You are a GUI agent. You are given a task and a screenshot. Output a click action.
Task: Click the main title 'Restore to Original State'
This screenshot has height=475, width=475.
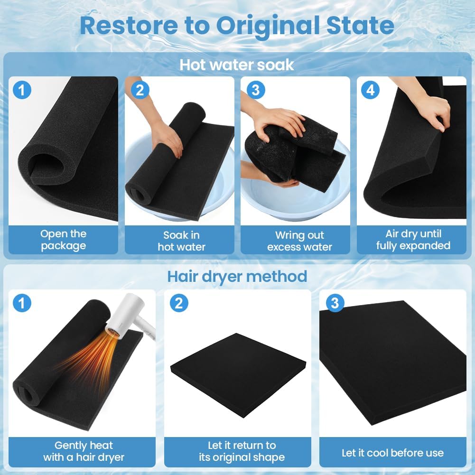click(x=237, y=26)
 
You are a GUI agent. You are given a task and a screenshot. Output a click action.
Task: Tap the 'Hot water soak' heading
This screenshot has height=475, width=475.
click(x=237, y=65)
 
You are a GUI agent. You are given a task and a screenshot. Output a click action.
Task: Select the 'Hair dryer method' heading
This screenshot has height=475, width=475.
click(x=237, y=277)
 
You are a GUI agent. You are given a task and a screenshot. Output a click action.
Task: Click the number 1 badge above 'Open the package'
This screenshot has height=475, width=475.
click(x=22, y=90)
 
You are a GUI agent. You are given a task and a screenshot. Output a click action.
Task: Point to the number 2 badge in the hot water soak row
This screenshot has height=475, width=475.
click(x=140, y=90)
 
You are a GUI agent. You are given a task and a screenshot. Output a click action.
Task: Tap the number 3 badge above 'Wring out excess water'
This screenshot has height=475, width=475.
click(x=256, y=90)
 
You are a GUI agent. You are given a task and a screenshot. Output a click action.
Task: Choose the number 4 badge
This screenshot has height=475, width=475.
click(x=371, y=90)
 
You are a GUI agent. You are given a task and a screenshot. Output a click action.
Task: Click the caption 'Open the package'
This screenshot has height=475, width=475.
click(x=63, y=240)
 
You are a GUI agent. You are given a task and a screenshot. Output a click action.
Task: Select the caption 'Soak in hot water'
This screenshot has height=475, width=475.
click(x=181, y=241)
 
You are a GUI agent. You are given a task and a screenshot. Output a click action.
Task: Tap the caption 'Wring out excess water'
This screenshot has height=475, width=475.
click(x=299, y=241)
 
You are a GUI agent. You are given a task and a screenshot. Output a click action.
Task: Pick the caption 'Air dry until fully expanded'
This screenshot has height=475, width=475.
click(x=413, y=240)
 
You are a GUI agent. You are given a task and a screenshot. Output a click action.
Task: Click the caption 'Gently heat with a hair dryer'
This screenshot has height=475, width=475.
click(x=84, y=451)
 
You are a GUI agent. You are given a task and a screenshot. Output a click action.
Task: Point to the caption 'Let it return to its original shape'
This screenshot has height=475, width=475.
click(x=242, y=451)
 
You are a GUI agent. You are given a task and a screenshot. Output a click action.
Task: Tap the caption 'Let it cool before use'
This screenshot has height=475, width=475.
click(x=392, y=453)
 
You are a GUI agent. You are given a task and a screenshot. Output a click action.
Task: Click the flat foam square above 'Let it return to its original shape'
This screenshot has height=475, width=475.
click(x=238, y=375)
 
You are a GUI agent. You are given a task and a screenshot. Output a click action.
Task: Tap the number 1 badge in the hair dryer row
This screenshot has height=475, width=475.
click(x=22, y=303)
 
